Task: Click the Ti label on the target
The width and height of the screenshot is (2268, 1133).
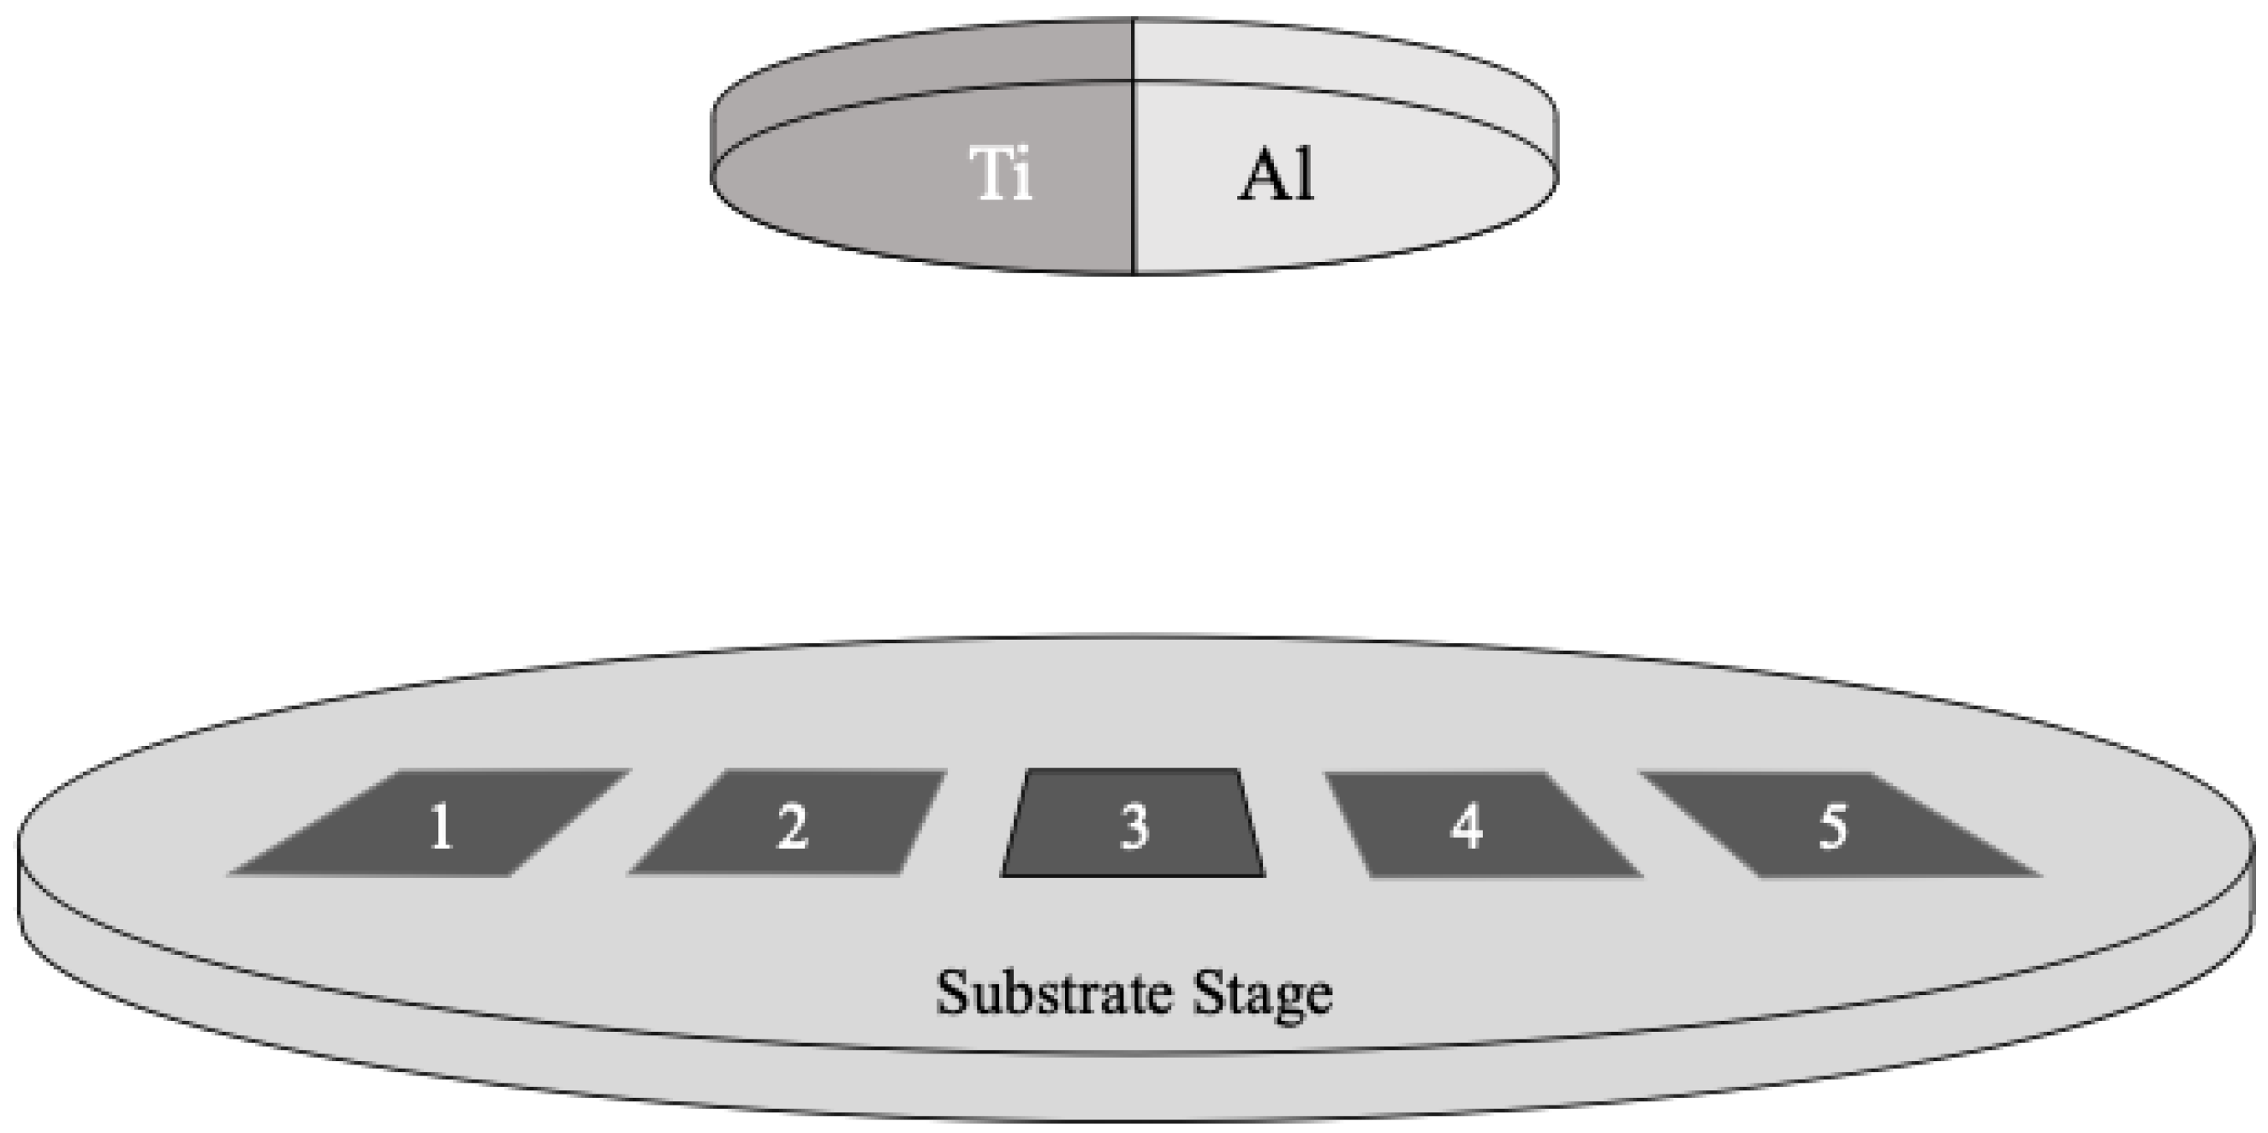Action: (1001, 174)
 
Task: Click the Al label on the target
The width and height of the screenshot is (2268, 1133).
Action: (1277, 176)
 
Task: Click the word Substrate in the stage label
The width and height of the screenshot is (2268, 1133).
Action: (1054, 993)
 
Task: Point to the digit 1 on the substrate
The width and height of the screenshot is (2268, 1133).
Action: (441, 827)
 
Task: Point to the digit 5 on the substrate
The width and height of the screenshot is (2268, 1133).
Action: (1833, 827)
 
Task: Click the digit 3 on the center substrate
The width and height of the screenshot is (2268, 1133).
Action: (1134, 827)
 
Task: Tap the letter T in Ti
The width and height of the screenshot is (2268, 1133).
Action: (988, 174)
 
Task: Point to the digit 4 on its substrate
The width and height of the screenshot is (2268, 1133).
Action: (1466, 827)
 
